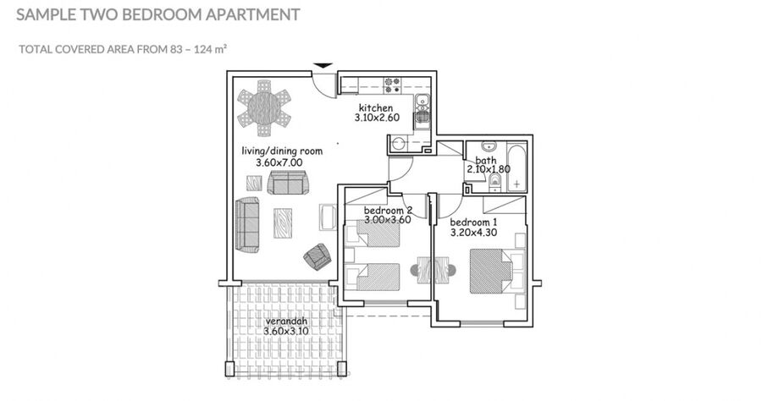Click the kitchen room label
tap(376, 107)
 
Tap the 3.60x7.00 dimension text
tap(279, 162)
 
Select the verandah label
tap(286, 321)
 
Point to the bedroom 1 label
tap(473, 222)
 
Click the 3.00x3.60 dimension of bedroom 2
tap(387, 219)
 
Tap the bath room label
tap(486, 160)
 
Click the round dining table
tap(264, 107)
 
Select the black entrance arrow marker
tap(323, 65)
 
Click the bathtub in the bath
tap(516, 167)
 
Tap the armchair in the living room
tap(317, 256)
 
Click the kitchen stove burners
tap(392, 85)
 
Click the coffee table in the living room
tap(282, 222)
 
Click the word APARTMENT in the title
tap(252, 14)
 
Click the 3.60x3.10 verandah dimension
tap(286, 331)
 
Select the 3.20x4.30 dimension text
tap(473, 233)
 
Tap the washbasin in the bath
tap(489, 146)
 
